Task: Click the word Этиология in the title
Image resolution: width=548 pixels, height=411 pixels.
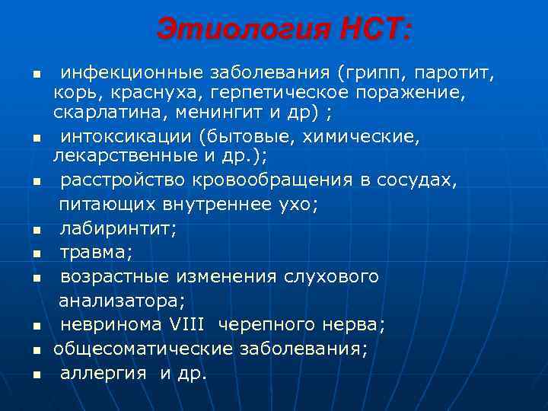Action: (x=242, y=30)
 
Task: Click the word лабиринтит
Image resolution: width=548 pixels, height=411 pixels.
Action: (x=117, y=226)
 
